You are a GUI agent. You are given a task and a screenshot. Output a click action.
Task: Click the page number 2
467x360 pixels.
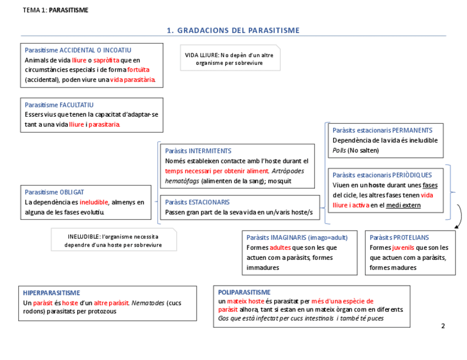coord(443,326)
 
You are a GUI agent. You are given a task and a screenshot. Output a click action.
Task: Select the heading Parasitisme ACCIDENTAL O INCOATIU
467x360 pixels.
coord(78,50)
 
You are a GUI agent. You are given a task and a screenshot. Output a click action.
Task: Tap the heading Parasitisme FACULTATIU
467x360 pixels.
coord(59,105)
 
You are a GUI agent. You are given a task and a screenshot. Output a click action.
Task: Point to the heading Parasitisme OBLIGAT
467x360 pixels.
coord(55,192)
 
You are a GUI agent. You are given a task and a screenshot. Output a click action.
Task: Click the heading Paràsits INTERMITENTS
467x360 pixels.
coord(198,151)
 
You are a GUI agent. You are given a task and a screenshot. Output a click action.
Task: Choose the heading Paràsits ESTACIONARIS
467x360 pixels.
coord(197,202)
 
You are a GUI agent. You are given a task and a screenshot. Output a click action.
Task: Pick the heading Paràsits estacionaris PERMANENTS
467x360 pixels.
coord(383,130)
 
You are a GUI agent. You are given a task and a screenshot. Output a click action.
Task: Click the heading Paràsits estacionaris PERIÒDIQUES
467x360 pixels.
coord(382,175)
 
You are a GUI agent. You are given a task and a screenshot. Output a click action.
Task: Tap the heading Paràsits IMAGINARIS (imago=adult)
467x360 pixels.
coord(297,238)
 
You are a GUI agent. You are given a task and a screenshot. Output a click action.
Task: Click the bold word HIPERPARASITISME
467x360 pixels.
coord(52,293)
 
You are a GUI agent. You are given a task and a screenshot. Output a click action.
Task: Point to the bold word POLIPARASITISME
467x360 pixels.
coord(245,292)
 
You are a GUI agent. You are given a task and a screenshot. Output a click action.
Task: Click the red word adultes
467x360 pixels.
coord(280,248)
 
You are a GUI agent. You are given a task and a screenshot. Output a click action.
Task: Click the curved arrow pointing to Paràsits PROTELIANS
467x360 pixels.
coord(458,216)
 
